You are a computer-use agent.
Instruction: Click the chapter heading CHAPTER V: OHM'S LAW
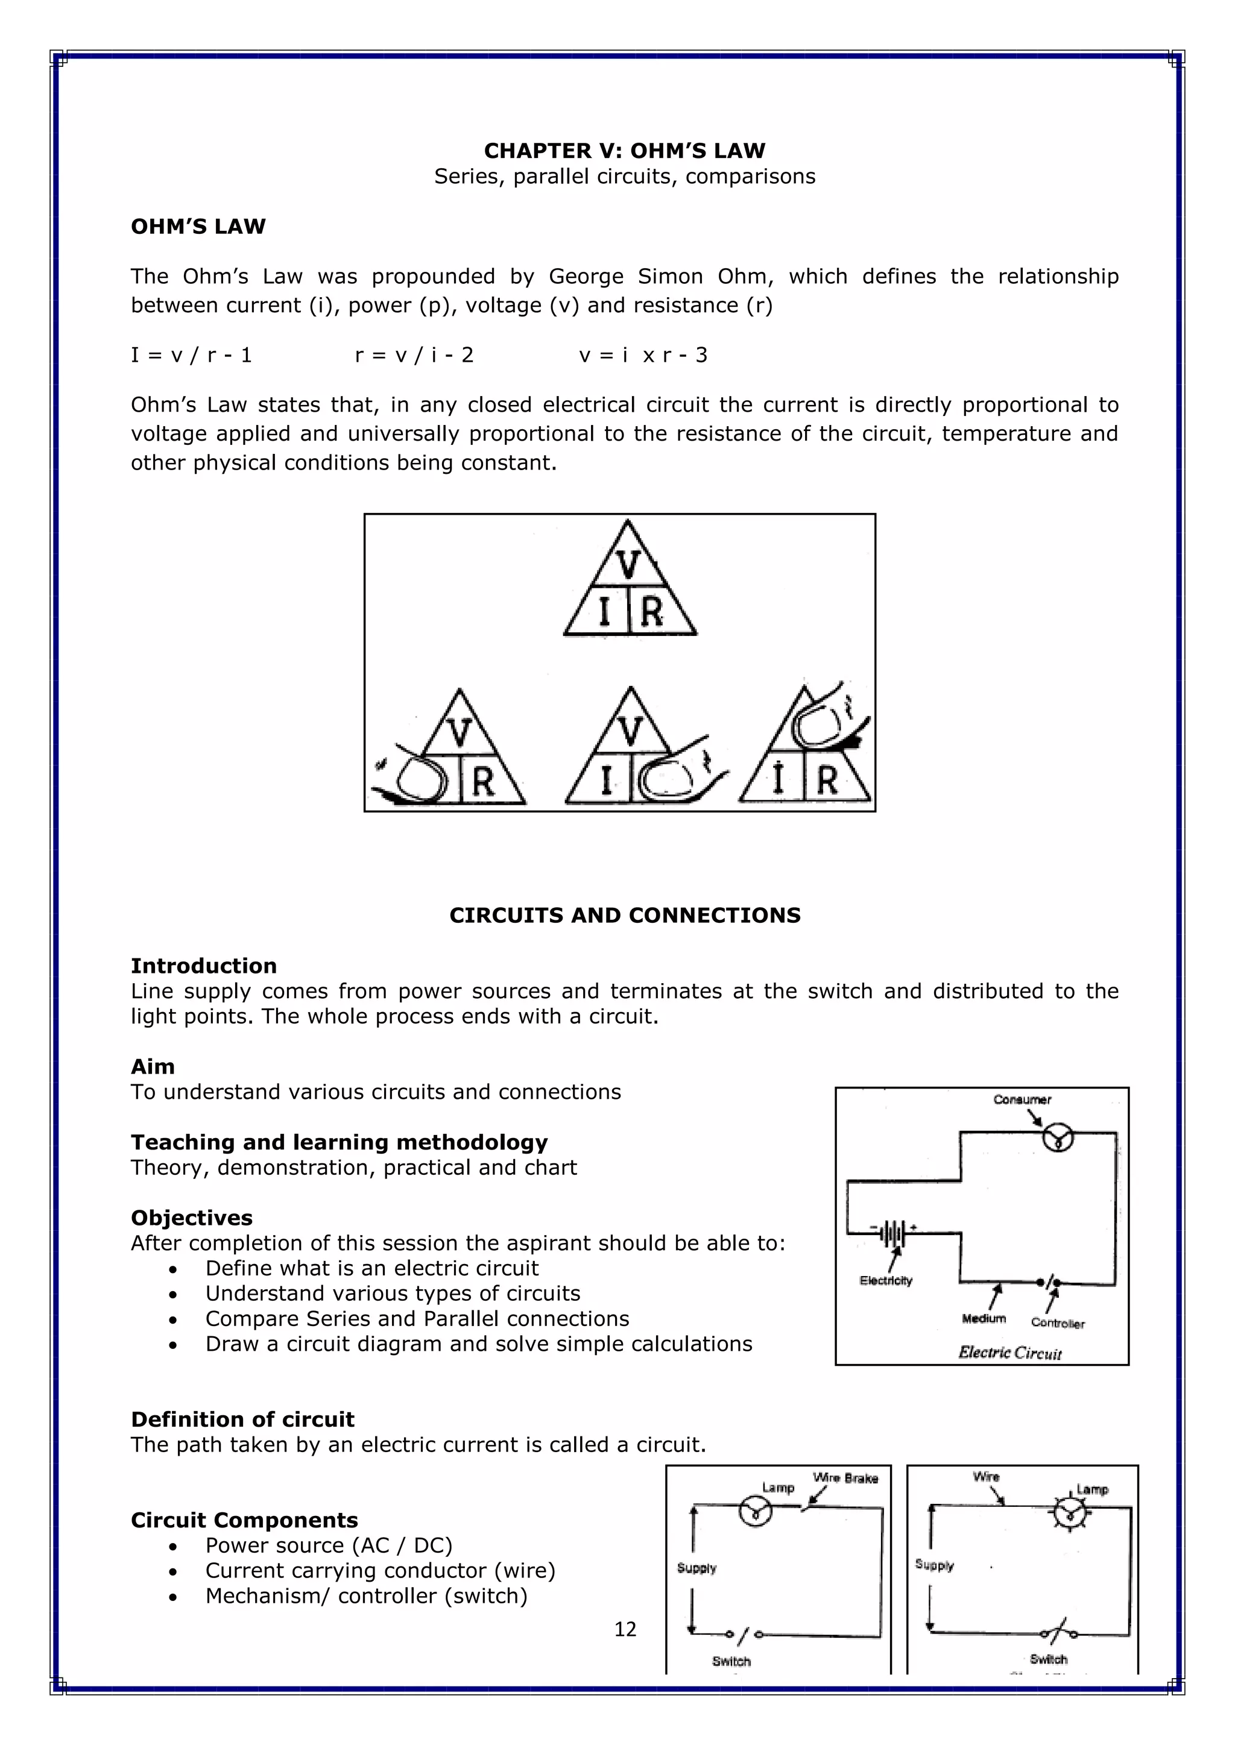pyautogui.click(x=624, y=151)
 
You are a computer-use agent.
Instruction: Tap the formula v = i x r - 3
pyautogui.click(x=643, y=355)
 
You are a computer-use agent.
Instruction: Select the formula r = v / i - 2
pyautogui.click(x=414, y=355)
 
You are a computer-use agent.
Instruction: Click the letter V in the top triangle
pyautogui.click(x=629, y=565)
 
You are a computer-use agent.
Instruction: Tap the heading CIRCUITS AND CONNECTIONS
pyautogui.click(x=624, y=915)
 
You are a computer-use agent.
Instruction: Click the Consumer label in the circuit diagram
pyautogui.click(x=1022, y=1100)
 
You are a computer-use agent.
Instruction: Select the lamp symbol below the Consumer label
pyautogui.click(x=1057, y=1138)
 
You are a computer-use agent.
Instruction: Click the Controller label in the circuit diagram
pyautogui.click(x=1057, y=1323)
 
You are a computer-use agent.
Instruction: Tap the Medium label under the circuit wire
pyautogui.click(x=984, y=1319)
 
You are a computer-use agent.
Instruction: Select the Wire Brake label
pyautogui.click(x=845, y=1478)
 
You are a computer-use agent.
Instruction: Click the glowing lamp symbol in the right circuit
pyautogui.click(x=1070, y=1513)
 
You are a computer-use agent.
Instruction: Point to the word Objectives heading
pyautogui.click(x=192, y=1218)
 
